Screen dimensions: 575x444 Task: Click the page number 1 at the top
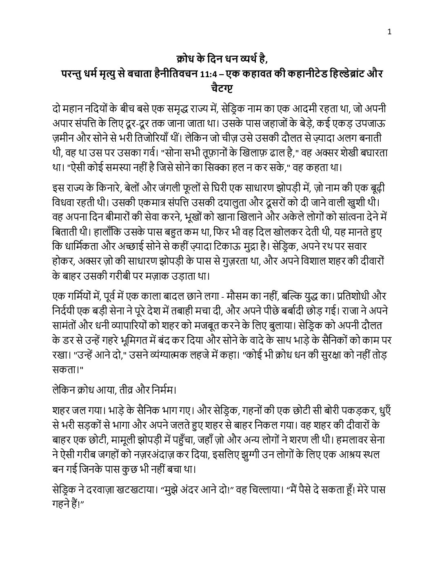point(390,32)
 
